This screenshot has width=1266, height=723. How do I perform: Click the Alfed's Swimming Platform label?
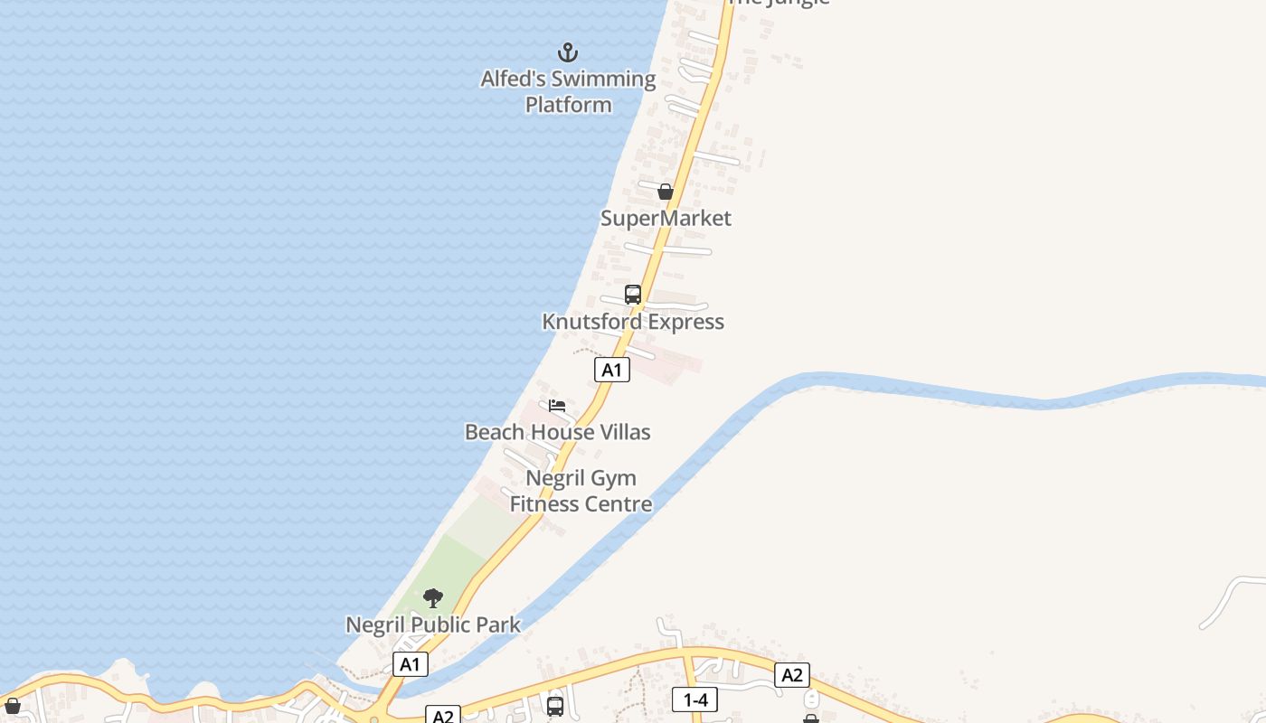(x=568, y=91)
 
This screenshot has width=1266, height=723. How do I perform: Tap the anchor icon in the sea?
(x=568, y=52)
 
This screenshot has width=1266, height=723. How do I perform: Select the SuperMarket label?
(x=666, y=218)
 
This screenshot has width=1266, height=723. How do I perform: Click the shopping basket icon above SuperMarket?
(x=666, y=192)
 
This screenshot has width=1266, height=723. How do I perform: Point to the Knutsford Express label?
(x=633, y=322)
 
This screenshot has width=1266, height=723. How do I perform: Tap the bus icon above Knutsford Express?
(x=633, y=295)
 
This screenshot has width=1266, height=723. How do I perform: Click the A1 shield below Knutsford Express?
(x=612, y=369)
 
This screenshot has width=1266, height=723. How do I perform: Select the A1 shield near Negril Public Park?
(x=411, y=664)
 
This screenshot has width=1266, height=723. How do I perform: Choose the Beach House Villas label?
(x=557, y=432)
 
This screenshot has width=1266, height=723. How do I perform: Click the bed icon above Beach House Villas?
(x=557, y=406)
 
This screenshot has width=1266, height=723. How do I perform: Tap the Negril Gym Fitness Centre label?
(x=581, y=491)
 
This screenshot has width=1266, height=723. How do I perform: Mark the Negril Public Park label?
(x=433, y=624)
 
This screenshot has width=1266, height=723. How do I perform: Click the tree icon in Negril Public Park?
(x=433, y=598)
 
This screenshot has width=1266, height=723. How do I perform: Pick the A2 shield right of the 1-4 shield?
(x=791, y=674)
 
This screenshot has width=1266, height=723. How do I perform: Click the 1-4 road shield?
(x=694, y=699)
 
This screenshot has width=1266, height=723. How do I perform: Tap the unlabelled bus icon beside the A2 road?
(x=555, y=706)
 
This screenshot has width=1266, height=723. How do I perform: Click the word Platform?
(x=568, y=105)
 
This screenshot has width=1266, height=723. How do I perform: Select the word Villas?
(x=622, y=432)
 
